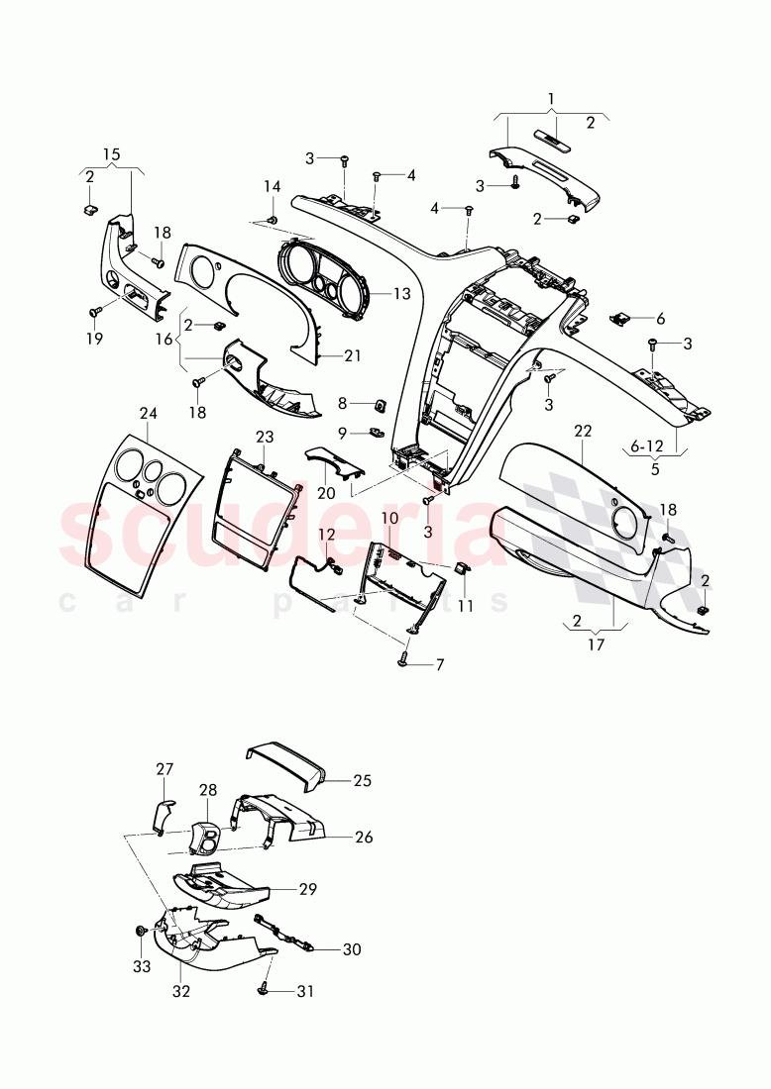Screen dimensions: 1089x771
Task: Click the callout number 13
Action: point(401,294)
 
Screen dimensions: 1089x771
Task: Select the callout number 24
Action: point(148,414)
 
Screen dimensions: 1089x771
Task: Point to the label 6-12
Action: point(649,446)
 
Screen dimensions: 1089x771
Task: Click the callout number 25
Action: point(362,781)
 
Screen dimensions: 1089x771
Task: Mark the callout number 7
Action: point(439,664)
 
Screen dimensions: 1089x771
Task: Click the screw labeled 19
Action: point(96,311)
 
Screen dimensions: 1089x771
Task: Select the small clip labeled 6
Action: point(620,318)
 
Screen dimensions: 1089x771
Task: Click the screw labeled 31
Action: point(265,987)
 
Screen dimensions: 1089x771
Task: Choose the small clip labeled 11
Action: point(462,568)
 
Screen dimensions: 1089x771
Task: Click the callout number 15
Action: point(111,154)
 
